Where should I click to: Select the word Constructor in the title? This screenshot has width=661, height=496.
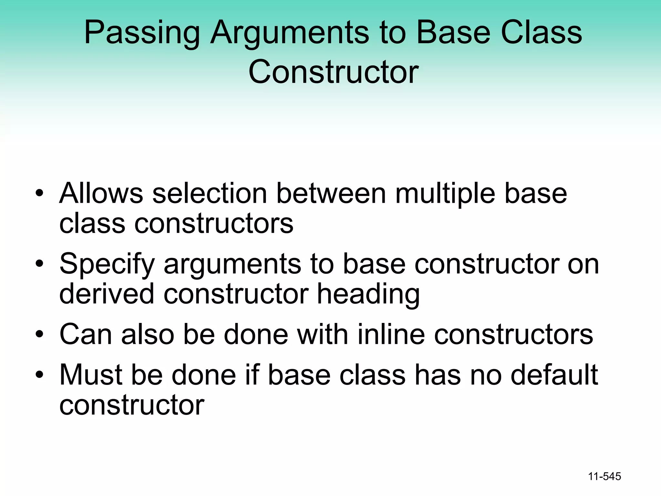[x=333, y=72]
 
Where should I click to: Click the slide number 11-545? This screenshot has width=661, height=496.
[x=605, y=476]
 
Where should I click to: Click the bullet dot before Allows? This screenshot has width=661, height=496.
[x=39, y=194]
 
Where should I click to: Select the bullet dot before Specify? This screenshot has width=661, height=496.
[x=39, y=264]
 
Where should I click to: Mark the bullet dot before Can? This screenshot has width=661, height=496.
[x=39, y=335]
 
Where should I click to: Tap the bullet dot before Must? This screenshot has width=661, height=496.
[x=39, y=375]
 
